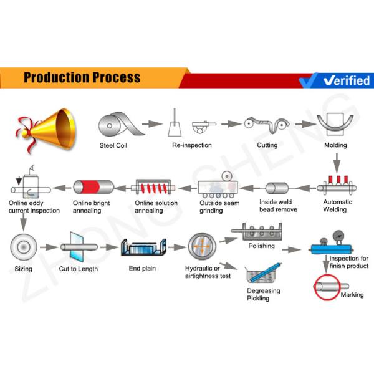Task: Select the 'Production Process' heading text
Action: coord(82,78)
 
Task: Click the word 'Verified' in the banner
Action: coord(347,80)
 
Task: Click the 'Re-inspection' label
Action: coord(191,145)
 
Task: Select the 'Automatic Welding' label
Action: coord(337,206)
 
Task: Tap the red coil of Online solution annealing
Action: coord(156,186)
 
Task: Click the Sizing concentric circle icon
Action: coord(23,247)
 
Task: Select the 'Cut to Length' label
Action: coord(79,269)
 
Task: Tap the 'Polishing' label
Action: coord(261,246)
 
